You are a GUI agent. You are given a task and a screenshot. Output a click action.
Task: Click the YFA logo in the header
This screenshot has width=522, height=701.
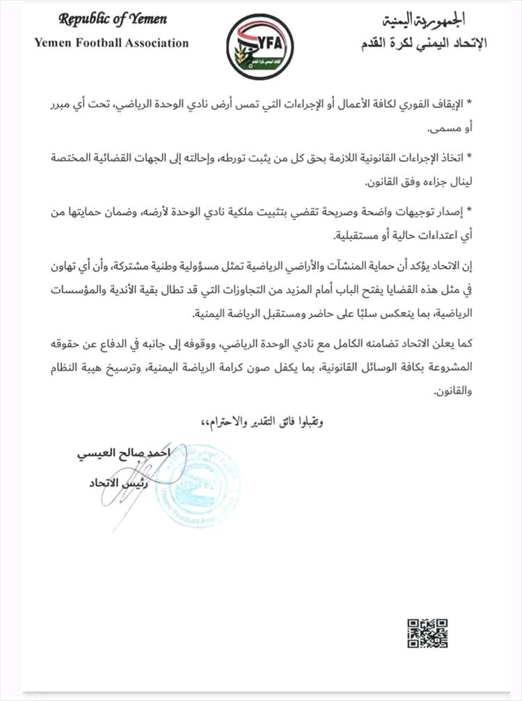(x=260, y=47)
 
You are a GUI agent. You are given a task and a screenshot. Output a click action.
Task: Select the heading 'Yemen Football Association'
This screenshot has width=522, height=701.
(x=111, y=43)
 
